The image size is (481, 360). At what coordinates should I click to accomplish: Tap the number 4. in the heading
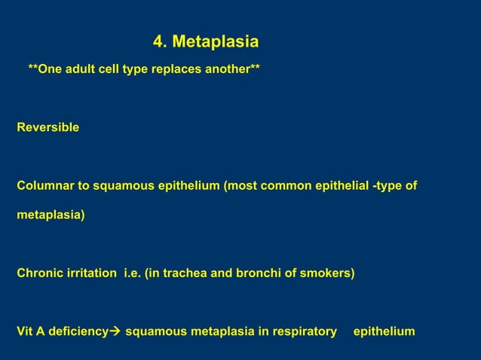click(x=160, y=41)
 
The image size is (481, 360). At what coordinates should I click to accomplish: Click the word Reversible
click(x=47, y=128)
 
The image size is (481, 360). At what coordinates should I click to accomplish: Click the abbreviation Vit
click(x=26, y=331)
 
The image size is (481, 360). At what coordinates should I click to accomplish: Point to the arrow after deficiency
click(x=115, y=331)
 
